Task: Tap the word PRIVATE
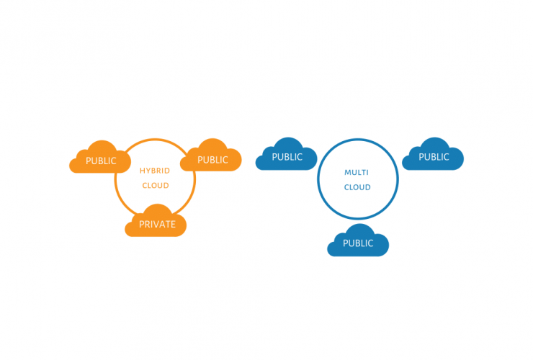[x=157, y=225]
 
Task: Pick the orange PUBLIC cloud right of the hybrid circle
[x=210, y=156]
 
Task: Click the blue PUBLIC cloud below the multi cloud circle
[x=358, y=241]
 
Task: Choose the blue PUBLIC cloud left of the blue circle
[x=286, y=155]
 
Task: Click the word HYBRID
[x=155, y=171]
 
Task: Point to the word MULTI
[x=357, y=173]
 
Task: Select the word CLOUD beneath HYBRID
[x=156, y=186]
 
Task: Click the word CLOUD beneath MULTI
[x=357, y=187]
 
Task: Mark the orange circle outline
[x=115, y=180]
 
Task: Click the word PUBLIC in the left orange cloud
[x=101, y=161]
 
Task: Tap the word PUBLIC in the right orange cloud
[x=212, y=160]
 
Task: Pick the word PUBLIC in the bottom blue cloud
[x=358, y=243]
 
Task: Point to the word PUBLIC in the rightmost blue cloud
[x=434, y=157]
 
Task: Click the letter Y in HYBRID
[x=147, y=171]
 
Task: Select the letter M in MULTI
[x=347, y=173]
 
